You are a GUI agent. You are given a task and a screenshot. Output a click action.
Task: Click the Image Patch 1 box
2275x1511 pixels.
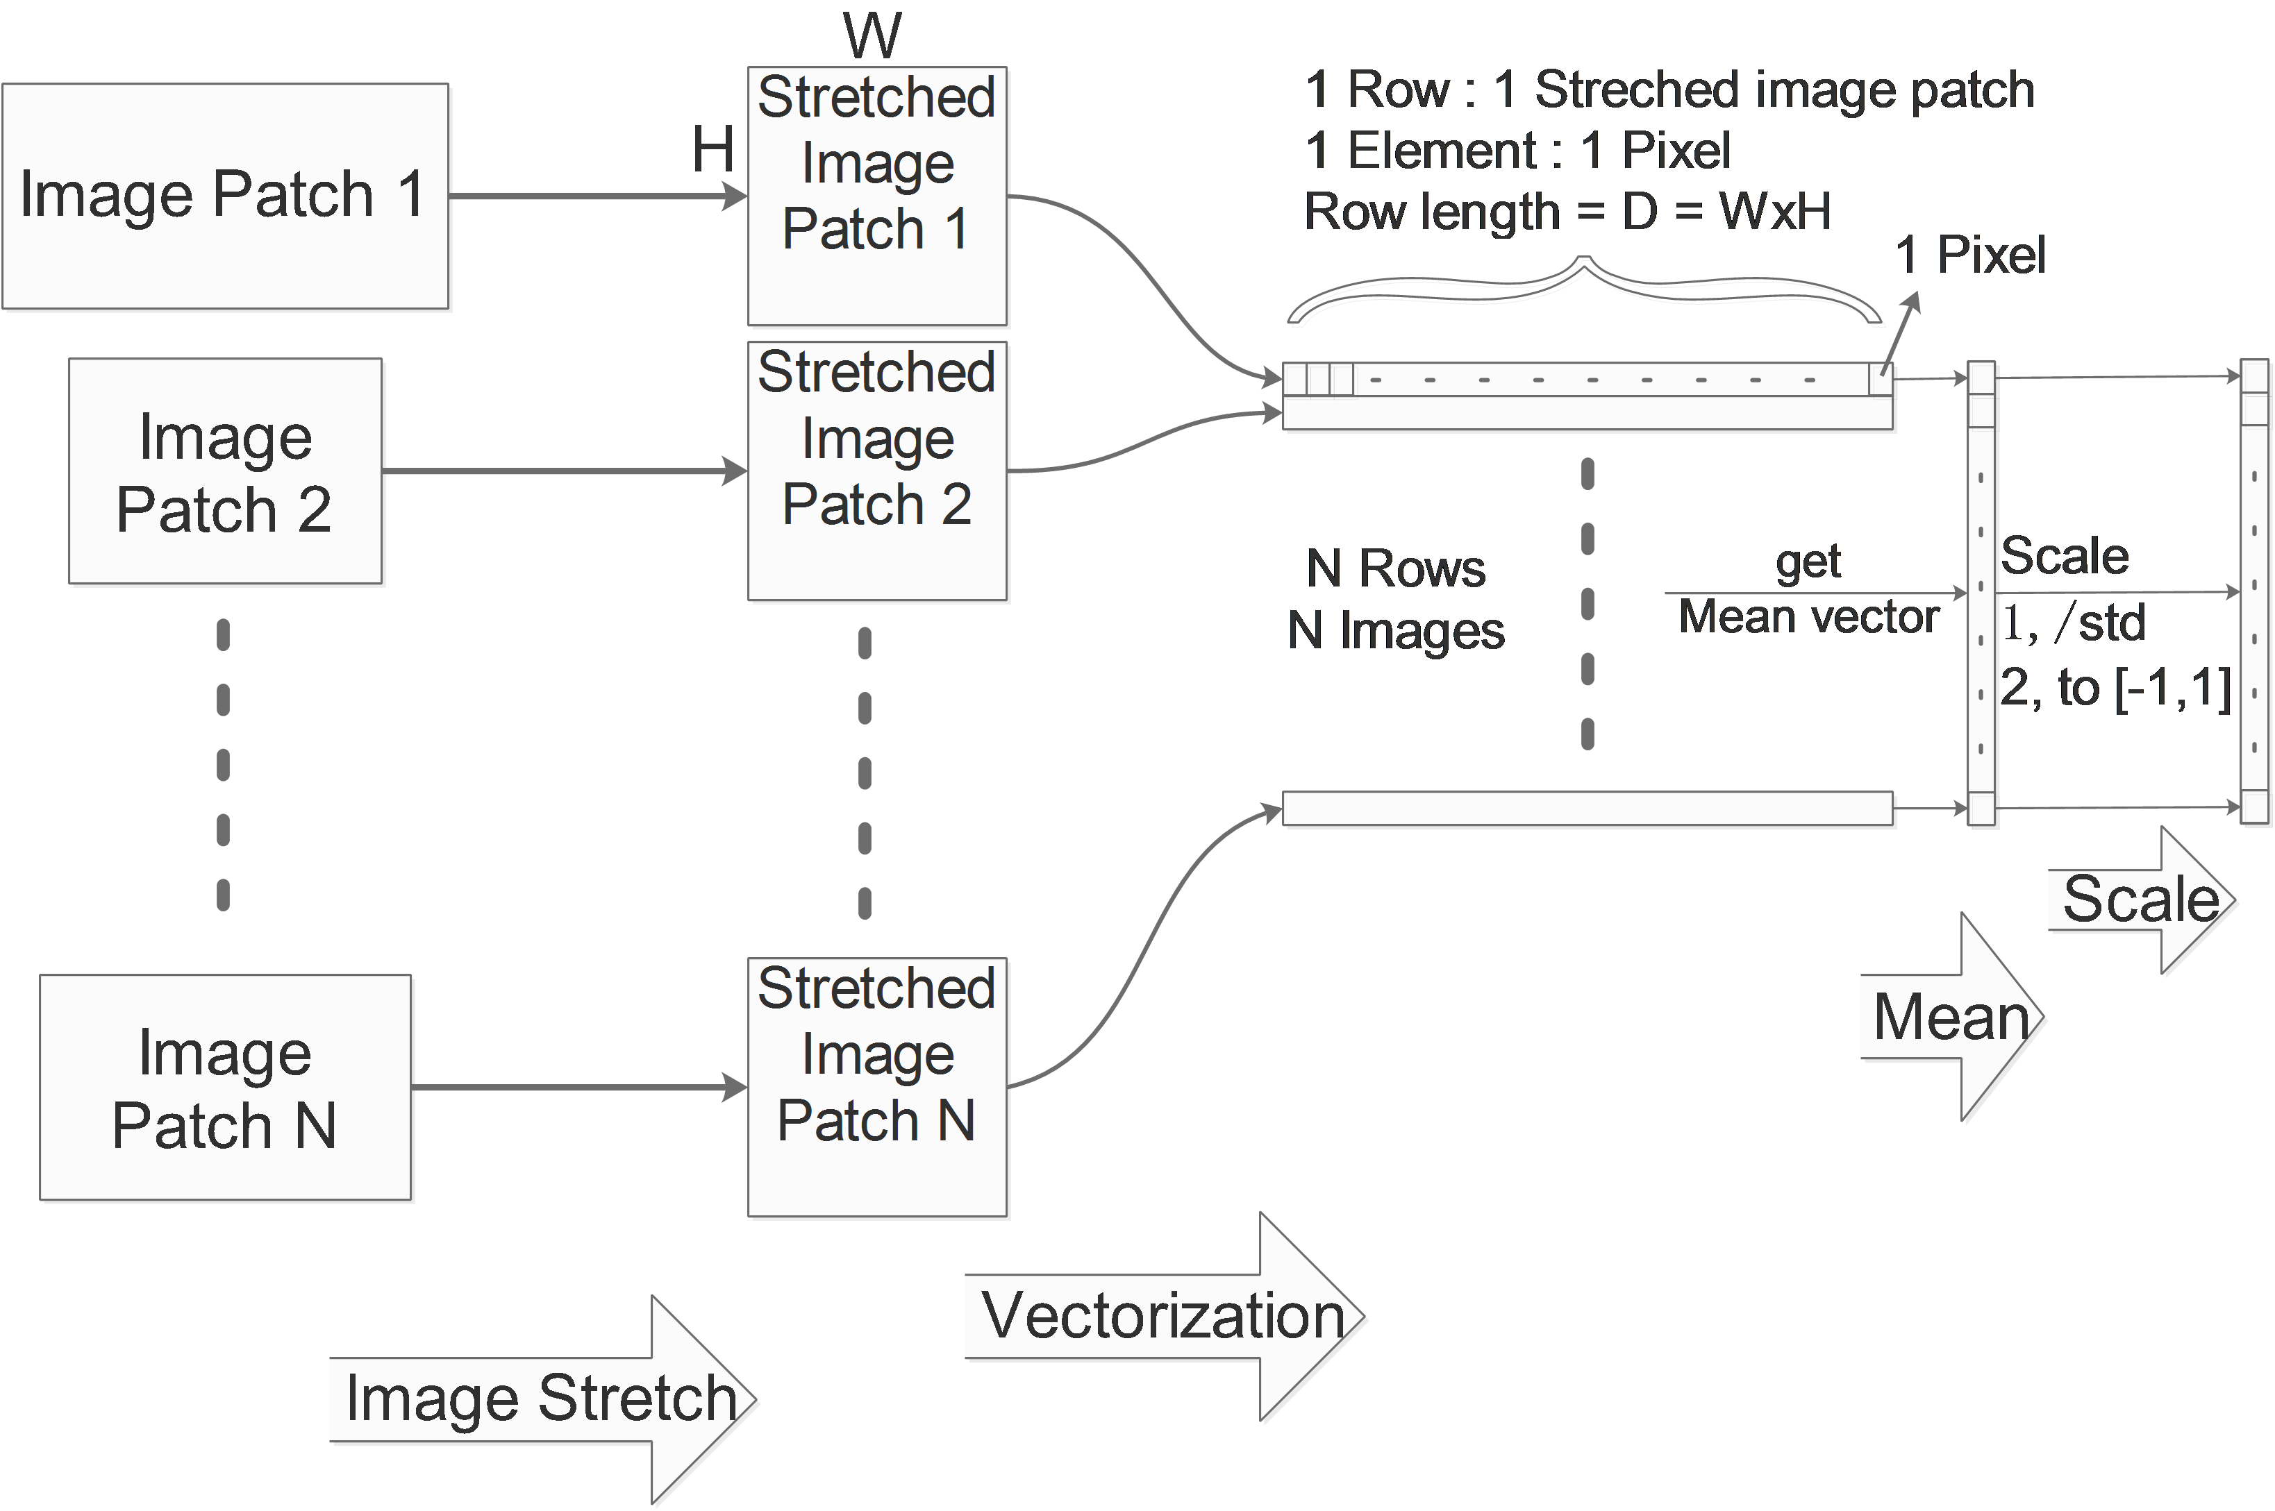(224, 196)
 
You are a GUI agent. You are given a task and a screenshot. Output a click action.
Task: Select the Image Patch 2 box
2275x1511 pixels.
(224, 471)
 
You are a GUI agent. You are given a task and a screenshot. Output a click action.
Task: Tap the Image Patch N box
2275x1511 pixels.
(224, 1088)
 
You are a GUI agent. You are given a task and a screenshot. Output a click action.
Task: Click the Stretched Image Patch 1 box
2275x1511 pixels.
(876, 196)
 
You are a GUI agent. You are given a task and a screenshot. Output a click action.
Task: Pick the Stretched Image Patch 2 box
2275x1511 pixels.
(876, 471)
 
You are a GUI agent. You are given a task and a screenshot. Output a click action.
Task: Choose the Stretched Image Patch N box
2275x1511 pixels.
(876, 1088)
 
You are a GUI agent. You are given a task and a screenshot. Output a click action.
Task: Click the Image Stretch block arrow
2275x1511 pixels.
(540, 1399)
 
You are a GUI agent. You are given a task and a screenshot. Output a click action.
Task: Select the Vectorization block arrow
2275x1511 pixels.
(1162, 1317)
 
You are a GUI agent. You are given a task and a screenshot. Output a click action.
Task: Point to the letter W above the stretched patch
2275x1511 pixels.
(872, 37)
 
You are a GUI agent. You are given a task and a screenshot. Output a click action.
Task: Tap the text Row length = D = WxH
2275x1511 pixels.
(1567, 211)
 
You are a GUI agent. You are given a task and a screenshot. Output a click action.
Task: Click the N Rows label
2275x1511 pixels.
(1395, 568)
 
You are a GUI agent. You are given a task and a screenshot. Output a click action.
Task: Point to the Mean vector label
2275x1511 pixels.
(1808, 617)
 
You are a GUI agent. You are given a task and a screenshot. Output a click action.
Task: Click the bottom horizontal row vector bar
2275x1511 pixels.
(1587, 809)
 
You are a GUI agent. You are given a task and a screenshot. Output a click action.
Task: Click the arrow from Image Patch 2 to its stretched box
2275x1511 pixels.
(564, 471)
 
